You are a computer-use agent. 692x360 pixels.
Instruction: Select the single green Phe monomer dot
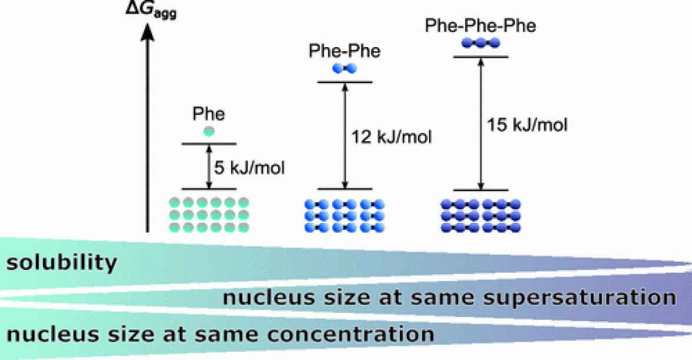tap(208, 131)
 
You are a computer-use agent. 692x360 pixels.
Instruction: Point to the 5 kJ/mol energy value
tap(249, 168)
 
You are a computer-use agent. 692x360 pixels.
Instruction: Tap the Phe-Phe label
tap(345, 51)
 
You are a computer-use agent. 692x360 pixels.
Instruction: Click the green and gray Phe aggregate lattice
tap(209, 215)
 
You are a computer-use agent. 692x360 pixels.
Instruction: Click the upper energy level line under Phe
tap(209, 144)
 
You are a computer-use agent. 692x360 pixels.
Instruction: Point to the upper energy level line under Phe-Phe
tap(345, 82)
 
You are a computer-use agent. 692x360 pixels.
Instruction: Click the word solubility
tap(62, 262)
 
